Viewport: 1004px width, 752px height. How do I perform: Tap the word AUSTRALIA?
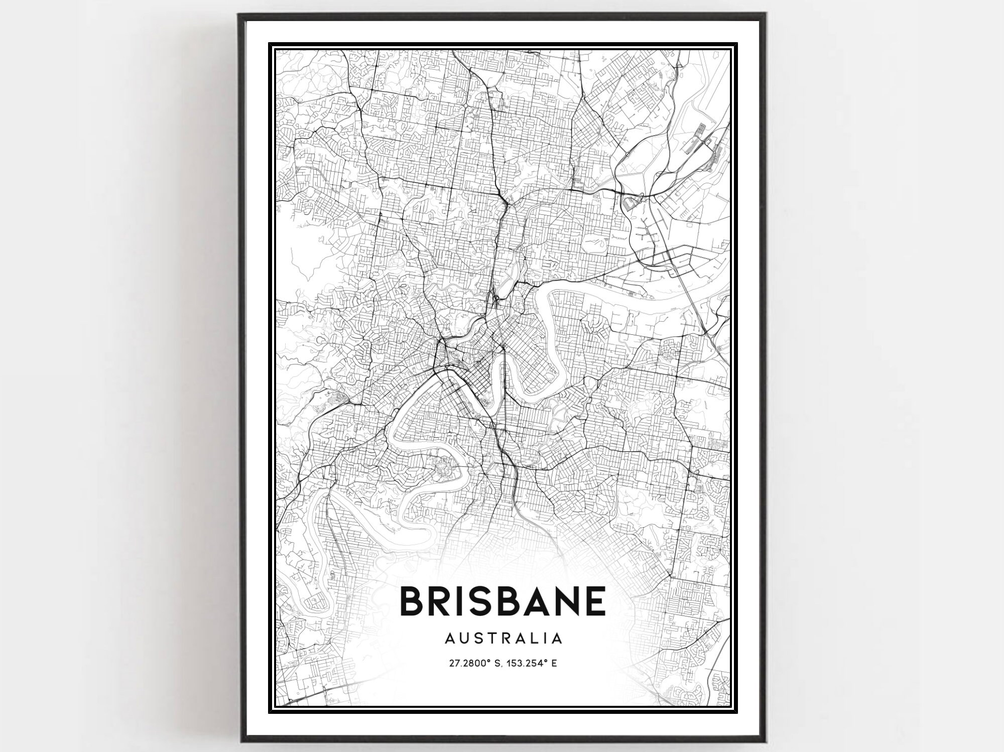click(x=503, y=638)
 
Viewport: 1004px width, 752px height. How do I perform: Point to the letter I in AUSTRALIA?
click(x=545, y=638)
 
